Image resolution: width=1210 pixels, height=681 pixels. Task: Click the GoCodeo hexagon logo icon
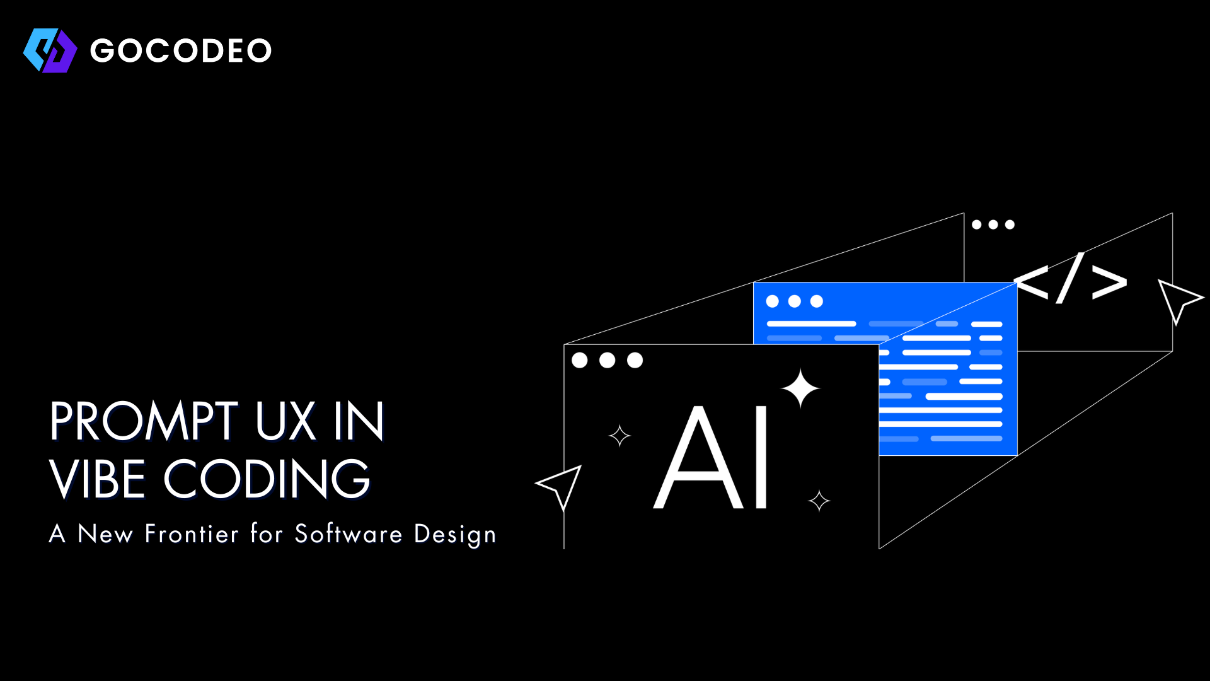50,50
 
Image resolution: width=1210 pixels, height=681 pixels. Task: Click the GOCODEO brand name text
181,50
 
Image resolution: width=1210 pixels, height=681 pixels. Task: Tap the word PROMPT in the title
144,421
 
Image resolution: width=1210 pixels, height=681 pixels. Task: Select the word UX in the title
285,421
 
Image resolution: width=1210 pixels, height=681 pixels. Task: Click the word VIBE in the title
98,479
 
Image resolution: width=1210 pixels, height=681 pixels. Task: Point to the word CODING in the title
267,479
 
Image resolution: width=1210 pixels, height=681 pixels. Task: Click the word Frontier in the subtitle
192,534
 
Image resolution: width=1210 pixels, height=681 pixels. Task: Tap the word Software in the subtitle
348,534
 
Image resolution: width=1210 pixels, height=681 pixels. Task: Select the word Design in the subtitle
454,535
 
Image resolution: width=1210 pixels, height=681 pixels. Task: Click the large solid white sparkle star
800,388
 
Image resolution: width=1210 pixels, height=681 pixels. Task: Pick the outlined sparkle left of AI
619,436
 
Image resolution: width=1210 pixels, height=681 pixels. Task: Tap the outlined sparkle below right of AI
819,501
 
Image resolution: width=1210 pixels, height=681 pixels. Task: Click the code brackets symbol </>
1070,279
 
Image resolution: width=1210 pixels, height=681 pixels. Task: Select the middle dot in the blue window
795,301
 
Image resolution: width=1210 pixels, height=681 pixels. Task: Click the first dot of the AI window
580,360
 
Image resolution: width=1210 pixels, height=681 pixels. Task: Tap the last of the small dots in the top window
1010,224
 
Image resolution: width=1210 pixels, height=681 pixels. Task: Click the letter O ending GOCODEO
258,51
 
